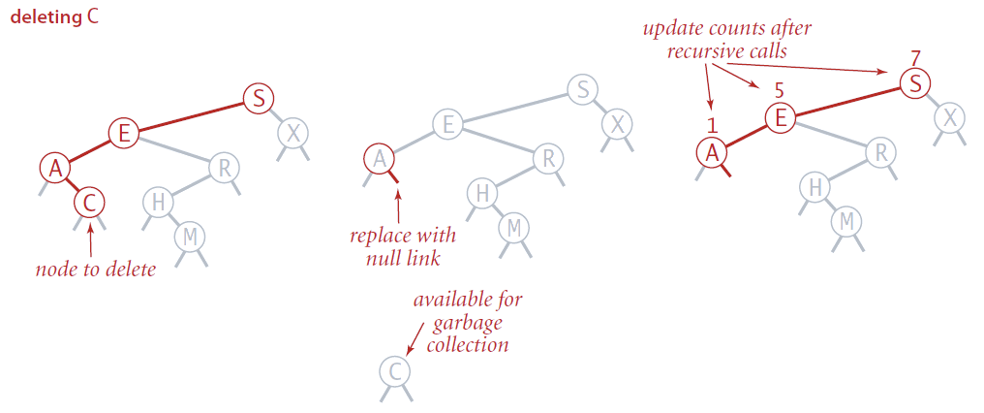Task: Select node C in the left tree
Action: tap(89, 205)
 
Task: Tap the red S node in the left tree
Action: tap(258, 98)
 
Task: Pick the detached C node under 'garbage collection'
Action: tap(393, 371)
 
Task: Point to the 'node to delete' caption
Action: tap(94, 269)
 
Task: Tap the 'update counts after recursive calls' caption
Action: tap(726, 39)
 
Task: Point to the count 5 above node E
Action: tap(779, 94)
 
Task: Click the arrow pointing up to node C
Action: tap(90, 238)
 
